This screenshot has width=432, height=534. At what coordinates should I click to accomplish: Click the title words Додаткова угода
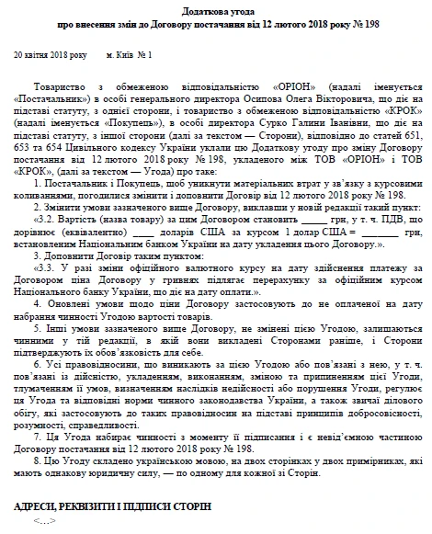pyautogui.click(x=216, y=8)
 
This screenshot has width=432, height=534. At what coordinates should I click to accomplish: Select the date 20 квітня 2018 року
pyautogui.click(x=51, y=56)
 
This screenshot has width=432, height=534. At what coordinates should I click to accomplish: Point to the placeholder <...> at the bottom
pyautogui.click(x=44, y=522)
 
